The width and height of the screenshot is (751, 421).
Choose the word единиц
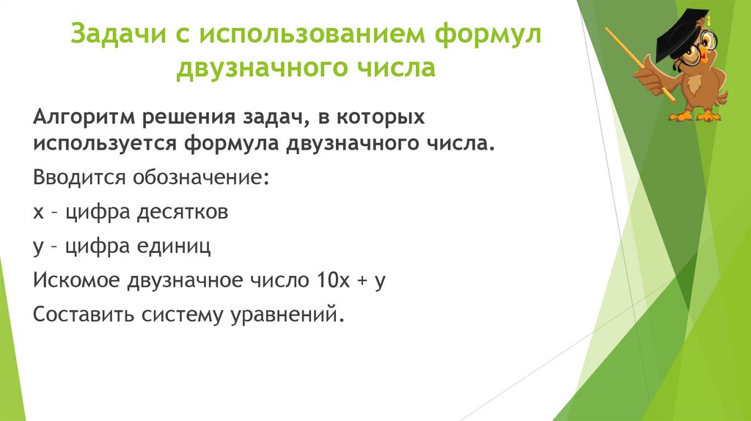pyautogui.click(x=175, y=246)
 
